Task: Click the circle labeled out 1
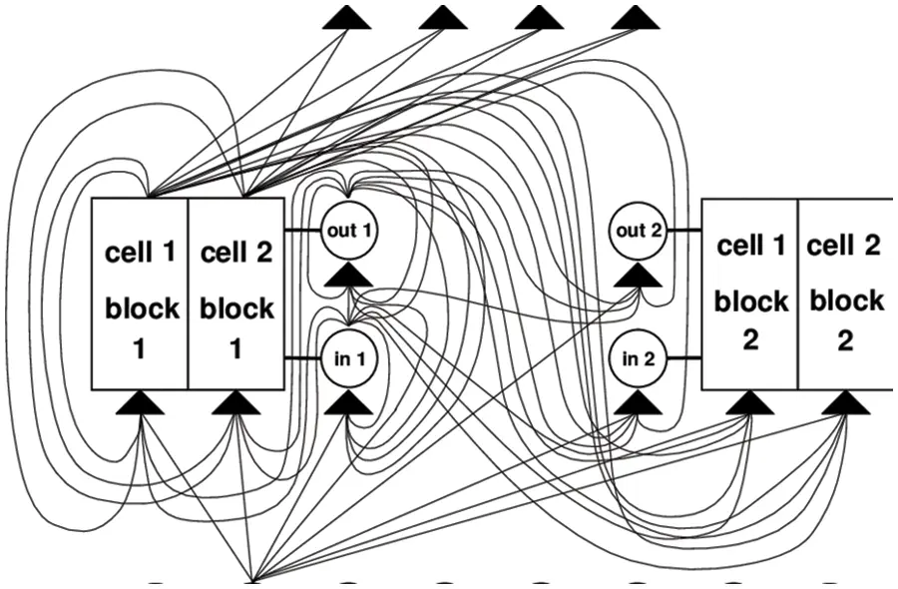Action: (349, 229)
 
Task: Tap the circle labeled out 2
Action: (639, 230)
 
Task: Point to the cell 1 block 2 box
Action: (749, 294)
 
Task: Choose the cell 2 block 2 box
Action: (845, 294)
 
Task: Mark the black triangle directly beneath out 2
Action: (639, 275)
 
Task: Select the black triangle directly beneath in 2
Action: (639, 403)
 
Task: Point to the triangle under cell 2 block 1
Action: (236, 403)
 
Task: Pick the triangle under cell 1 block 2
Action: (749, 403)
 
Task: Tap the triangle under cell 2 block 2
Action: (845, 403)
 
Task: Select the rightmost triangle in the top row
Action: (636, 17)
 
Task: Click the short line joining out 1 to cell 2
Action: (303, 230)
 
